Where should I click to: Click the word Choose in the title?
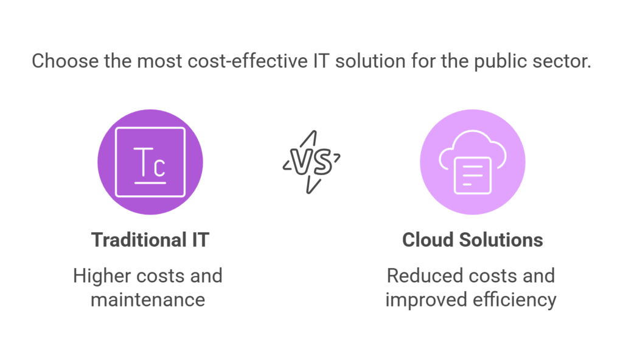click(x=65, y=61)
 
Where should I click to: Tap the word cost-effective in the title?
click(x=248, y=61)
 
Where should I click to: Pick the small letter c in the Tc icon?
click(x=159, y=167)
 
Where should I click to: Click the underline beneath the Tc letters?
click(x=150, y=183)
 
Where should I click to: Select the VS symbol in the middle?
click(x=312, y=162)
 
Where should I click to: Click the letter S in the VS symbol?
click(x=321, y=162)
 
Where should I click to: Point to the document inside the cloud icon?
click(x=472, y=175)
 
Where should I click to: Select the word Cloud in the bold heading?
click(x=428, y=240)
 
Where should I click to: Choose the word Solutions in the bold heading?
click(x=501, y=240)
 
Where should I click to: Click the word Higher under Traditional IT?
click(x=102, y=276)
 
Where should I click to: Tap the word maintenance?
click(x=148, y=300)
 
